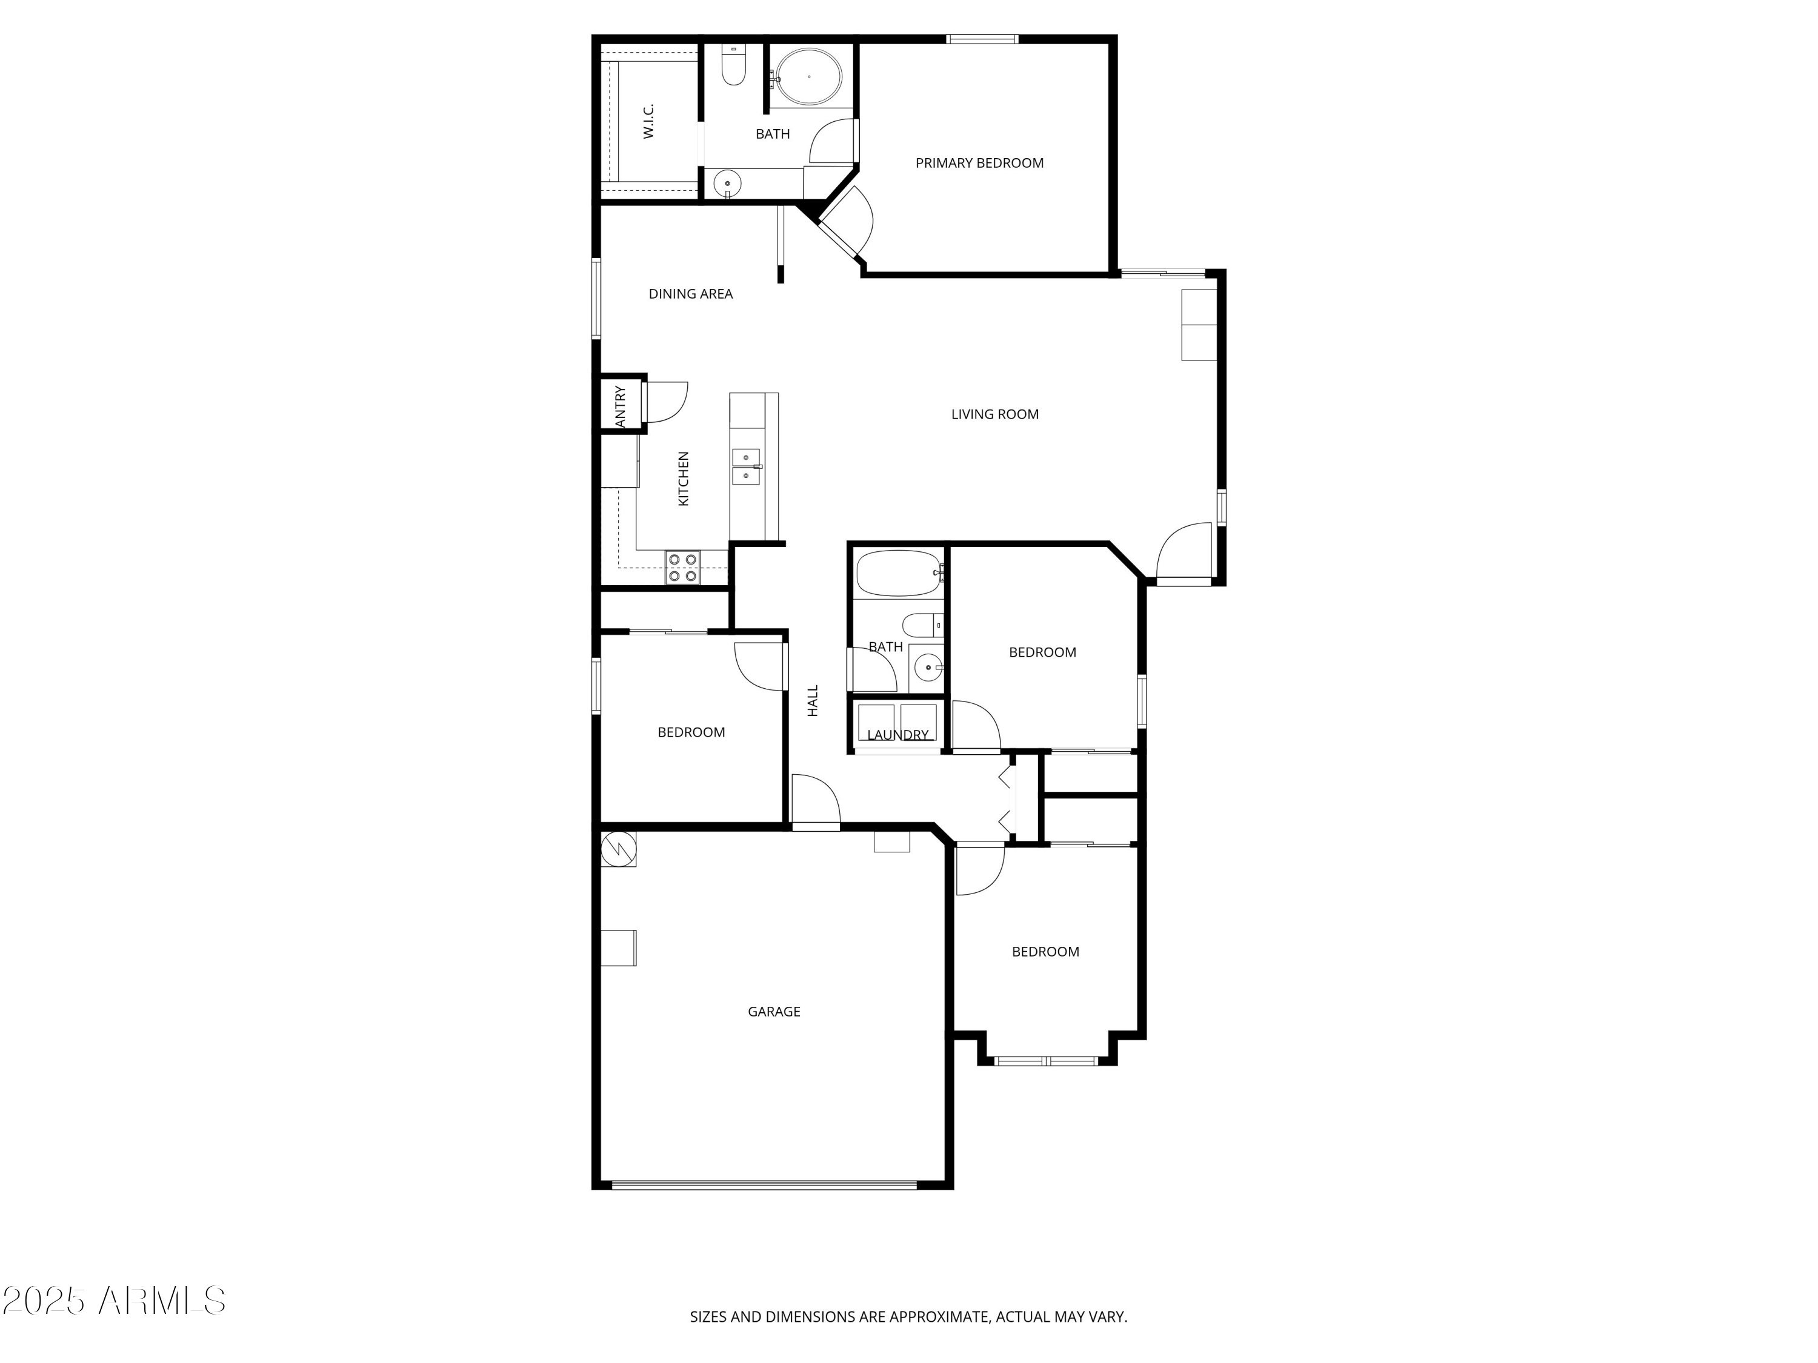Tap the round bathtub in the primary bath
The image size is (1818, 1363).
809,77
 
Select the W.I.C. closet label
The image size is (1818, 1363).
648,121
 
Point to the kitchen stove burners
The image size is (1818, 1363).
683,568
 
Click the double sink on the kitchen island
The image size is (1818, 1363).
746,466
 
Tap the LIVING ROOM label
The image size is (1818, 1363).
994,415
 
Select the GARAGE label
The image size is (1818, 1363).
773,1012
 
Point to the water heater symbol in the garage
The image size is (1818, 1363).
618,849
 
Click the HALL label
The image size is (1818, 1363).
813,701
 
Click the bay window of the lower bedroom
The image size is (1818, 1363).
1046,1061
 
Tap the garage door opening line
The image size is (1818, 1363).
764,1185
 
